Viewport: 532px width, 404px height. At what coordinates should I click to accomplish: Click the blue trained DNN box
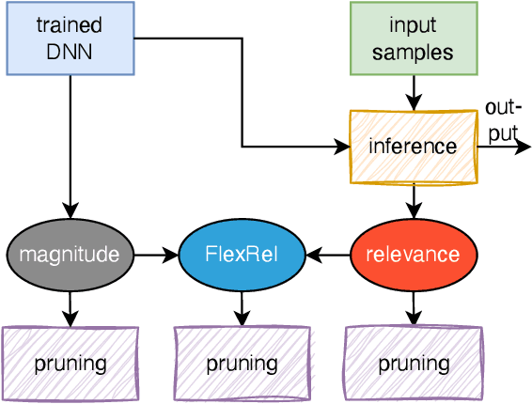pos(70,38)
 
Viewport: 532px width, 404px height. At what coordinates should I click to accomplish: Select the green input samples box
pos(413,38)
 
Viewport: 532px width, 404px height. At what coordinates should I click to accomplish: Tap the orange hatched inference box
pos(413,147)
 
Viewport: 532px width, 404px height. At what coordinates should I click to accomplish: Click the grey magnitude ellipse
pos(70,254)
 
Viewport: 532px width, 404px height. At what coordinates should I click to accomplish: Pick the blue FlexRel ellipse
pos(242,254)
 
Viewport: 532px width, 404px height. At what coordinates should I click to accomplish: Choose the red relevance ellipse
pos(413,254)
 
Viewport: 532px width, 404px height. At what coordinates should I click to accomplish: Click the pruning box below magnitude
pos(70,363)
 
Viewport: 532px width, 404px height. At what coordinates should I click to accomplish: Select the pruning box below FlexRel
pos(242,363)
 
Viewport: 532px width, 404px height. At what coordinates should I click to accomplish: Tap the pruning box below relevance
pos(413,363)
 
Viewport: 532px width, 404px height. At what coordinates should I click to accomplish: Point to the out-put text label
pos(502,120)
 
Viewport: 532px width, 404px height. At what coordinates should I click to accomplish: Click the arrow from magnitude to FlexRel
pos(156,254)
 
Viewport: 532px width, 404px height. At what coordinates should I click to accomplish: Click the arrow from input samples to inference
pos(413,92)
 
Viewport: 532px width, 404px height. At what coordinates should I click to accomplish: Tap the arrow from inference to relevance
pos(413,201)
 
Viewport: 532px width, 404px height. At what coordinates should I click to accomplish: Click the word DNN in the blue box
pos(70,51)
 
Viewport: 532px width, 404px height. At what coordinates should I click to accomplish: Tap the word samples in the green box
pos(413,51)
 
